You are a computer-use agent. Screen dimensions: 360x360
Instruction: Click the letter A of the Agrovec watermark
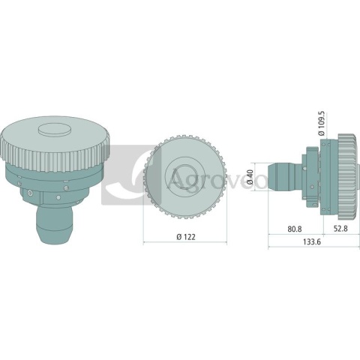[x=177, y=180]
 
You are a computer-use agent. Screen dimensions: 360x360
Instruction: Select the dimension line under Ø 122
[x=184, y=244]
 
